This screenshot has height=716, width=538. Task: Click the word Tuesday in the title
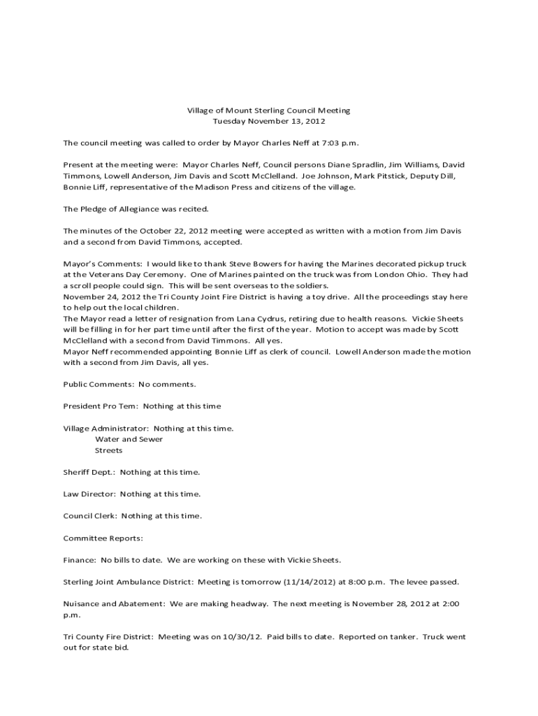[228, 121]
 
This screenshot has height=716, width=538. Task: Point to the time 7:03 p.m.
[341, 143]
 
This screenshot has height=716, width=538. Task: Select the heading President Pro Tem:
[101, 406]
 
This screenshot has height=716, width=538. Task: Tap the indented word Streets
[108, 450]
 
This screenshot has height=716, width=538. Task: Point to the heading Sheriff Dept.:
[89, 472]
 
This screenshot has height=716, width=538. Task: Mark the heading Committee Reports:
[103, 538]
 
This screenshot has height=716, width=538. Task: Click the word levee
[416, 582]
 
